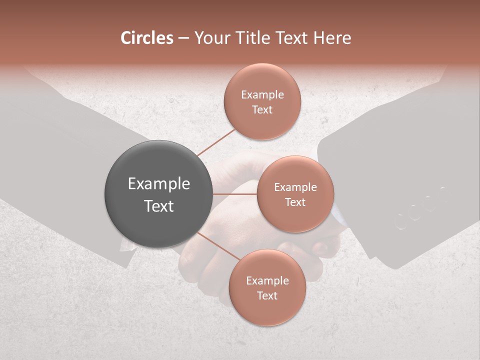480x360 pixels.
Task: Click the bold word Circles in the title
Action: pyautogui.click(x=147, y=38)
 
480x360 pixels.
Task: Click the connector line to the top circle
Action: pyautogui.click(x=216, y=142)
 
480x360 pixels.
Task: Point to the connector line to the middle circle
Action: pyautogui.click(x=235, y=194)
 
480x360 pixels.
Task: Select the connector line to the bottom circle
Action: pyautogui.click(x=218, y=246)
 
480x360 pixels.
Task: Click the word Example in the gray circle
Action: pyautogui.click(x=158, y=184)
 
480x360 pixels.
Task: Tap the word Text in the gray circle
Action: pyautogui.click(x=158, y=206)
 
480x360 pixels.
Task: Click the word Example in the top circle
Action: pyautogui.click(x=262, y=94)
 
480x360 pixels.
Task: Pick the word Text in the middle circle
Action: pyautogui.click(x=295, y=202)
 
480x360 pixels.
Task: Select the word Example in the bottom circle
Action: pyautogui.click(x=267, y=281)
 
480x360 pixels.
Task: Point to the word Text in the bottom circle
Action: pyautogui.click(x=267, y=295)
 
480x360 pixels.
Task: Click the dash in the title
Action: pyautogui.click(x=183, y=38)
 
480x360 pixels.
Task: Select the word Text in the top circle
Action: pyautogui.click(x=262, y=109)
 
